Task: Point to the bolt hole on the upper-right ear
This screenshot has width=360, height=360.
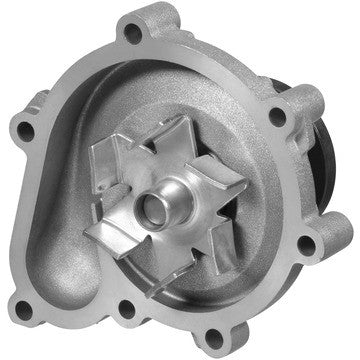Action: click(x=276, y=117)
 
